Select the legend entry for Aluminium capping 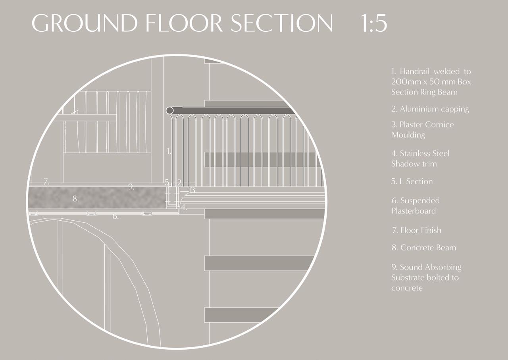tap(430, 109)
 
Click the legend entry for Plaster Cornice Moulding tap(422, 129)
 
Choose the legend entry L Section tap(412, 181)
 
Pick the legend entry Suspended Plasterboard tap(416, 206)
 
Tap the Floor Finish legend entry tap(416, 230)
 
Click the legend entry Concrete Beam tap(423, 248)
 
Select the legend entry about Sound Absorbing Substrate tap(426, 277)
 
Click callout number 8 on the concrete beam tap(75, 199)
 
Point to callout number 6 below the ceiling tap(115, 217)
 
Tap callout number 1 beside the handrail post tap(169, 151)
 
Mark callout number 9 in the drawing tap(131, 187)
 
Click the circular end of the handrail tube tap(170, 110)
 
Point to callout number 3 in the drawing tap(193, 190)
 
